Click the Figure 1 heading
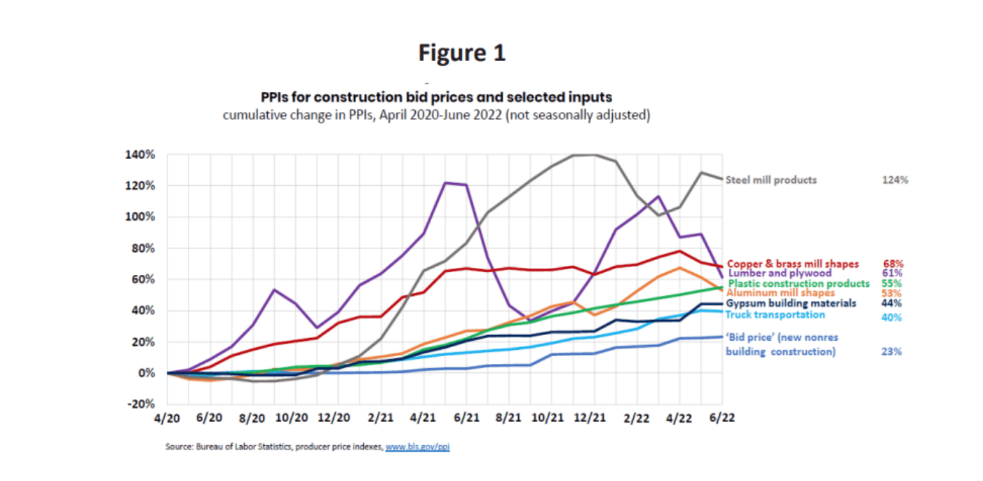[461, 53]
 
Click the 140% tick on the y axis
[140, 154]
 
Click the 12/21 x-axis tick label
[591, 417]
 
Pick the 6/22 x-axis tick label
[722, 417]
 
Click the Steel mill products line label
[771, 179]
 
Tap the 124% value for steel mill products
[895, 179]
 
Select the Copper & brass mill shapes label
[793, 264]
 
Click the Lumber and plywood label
[780, 273]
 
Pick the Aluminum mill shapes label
[780, 293]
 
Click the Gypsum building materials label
[791, 304]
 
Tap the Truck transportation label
[775, 315]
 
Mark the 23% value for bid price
[892, 351]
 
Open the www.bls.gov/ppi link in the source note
[417, 446]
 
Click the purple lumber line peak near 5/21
[447, 183]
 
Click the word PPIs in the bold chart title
[276, 97]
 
